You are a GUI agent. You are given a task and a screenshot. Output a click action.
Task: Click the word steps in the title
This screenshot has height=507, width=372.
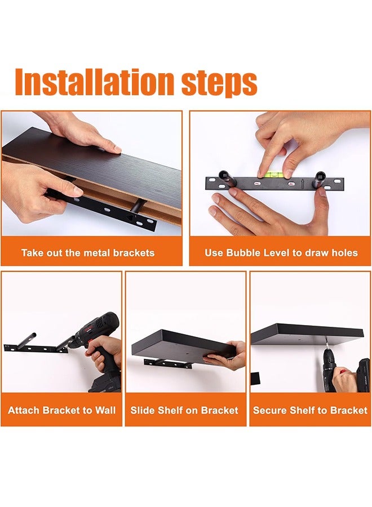pos(219,83)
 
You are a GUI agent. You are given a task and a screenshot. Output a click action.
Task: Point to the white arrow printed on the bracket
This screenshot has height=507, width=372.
pos(302,184)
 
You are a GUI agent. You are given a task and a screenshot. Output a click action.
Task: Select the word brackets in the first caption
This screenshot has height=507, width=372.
pos(134,252)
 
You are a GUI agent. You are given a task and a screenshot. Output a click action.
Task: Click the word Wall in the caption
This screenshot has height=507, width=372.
pos(105,410)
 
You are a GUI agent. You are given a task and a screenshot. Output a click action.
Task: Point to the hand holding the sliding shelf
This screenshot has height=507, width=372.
pos(228,355)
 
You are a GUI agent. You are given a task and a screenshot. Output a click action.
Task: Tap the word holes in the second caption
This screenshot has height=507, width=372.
pos(344,252)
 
